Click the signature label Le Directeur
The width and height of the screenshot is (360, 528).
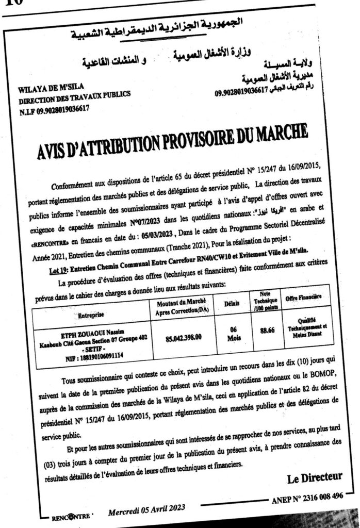pyautogui.click(x=315, y=478)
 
